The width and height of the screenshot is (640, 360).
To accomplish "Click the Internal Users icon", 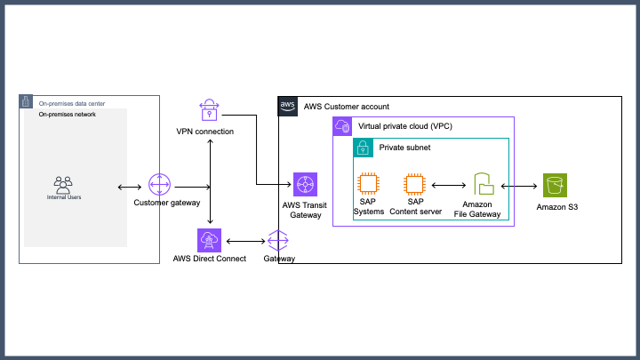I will tap(62, 185).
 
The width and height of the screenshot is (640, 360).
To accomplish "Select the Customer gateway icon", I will tap(159, 185).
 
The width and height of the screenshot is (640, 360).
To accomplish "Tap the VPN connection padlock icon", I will tap(209, 111).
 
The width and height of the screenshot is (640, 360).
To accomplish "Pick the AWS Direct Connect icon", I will tap(210, 241).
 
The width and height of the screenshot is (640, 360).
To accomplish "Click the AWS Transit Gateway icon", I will tap(305, 186).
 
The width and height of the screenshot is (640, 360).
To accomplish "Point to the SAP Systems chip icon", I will tap(369, 185).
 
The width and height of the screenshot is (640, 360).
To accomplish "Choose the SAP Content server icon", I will tap(413, 185).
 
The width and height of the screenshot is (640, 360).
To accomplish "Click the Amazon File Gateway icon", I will tap(484, 185).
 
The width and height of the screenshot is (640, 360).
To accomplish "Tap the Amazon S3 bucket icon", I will tap(556, 185).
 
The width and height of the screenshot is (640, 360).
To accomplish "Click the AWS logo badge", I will tap(288, 106).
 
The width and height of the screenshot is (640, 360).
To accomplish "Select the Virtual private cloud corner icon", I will tap(343, 127).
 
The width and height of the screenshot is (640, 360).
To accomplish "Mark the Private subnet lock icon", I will tap(364, 148).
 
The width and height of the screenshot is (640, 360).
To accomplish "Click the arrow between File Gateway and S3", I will tap(520, 186).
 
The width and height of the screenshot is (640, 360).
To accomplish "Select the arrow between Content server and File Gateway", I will tap(449, 186).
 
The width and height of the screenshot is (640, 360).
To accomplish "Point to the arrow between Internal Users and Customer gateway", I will tap(129, 187).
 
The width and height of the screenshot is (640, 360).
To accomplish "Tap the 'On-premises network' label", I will tap(67, 115).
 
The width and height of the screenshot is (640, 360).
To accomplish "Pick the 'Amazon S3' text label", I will tap(556, 207).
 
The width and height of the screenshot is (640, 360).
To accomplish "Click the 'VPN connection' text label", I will tap(205, 132).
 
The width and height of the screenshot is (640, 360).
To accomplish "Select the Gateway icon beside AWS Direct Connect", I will tap(279, 240).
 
